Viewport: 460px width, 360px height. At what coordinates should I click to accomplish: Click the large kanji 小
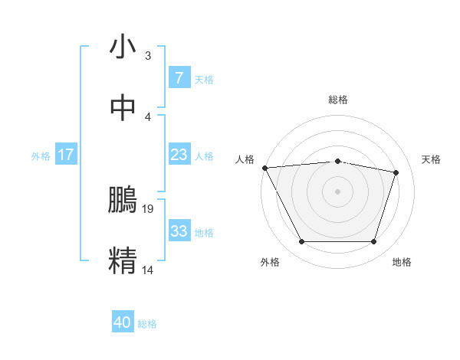(123, 47)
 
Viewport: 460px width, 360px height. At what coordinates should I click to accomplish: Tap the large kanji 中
(123, 108)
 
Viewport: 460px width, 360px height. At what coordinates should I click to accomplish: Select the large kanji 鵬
(123, 201)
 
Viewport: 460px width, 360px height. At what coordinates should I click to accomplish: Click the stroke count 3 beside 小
(148, 56)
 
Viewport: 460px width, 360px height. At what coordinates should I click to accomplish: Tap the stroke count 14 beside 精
(149, 270)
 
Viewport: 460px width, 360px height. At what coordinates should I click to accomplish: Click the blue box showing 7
(179, 77)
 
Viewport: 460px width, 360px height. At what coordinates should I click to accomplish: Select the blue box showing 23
(179, 155)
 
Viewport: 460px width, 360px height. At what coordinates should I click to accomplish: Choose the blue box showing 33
(179, 231)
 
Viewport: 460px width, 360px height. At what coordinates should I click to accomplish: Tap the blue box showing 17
(66, 155)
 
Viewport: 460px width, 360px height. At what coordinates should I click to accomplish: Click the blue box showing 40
(123, 322)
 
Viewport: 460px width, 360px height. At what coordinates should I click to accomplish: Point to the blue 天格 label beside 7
(204, 79)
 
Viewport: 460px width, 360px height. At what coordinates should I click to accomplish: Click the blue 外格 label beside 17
(41, 156)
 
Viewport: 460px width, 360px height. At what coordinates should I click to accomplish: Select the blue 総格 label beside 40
(147, 324)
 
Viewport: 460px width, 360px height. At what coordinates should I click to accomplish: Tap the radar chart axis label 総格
(337, 100)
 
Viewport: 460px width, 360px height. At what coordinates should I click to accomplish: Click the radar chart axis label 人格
(245, 159)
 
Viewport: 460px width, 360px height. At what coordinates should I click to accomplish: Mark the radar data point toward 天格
(396, 172)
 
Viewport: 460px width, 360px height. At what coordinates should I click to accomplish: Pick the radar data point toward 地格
(373, 242)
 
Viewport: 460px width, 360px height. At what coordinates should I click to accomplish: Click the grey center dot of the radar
(337, 191)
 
